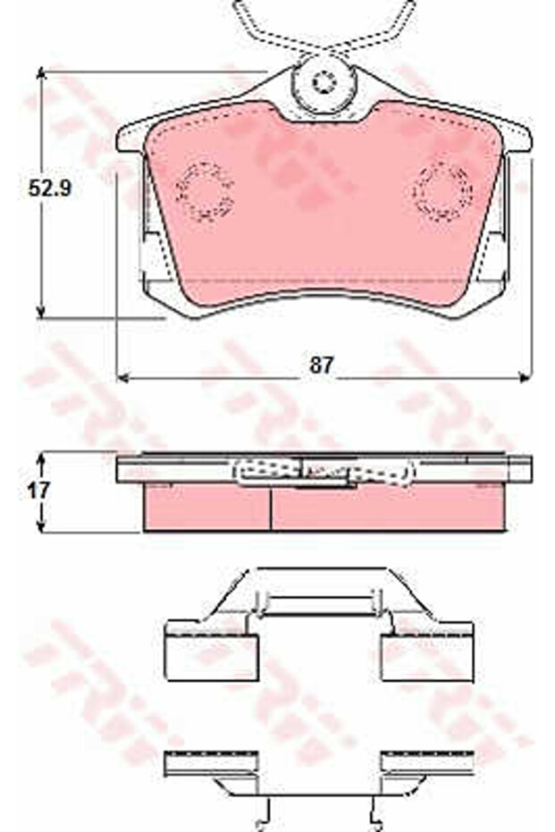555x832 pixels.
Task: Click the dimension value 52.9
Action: pyautogui.click(x=49, y=188)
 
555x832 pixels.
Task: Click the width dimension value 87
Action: pyautogui.click(x=322, y=365)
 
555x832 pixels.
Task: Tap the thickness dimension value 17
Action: pyautogui.click(x=38, y=490)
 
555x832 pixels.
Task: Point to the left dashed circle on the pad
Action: pyautogui.click(x=205, y=191)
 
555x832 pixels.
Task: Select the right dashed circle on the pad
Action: pyautogui.click(x=442, y=191)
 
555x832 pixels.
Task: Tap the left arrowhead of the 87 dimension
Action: pyautogui.click(x=122, y=377)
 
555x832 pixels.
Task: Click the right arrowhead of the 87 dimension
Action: pyautogui.click(x=525, y=377)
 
